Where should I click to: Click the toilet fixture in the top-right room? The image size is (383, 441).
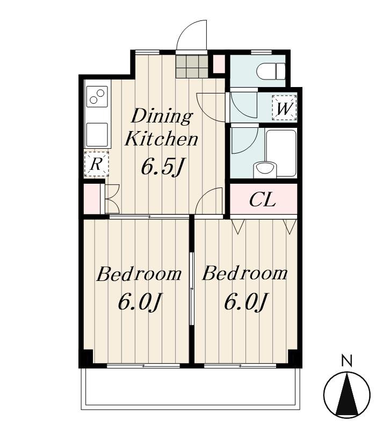click(x=271, y=71)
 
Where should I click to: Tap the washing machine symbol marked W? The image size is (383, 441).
click(x=284, y=108)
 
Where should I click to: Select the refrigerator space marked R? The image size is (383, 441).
click(x=97, y=164)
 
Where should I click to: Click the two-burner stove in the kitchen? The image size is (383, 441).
click(x=97, y=97)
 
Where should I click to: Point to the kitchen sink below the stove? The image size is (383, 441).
click(x=97, y=134)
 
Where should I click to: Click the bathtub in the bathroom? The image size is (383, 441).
click(x=281, y=152)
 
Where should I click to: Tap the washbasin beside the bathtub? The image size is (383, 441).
click(x=264, y=170)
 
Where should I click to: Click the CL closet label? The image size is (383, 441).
click(x=262, y=199)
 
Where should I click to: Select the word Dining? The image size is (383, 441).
click(x=162, y=116)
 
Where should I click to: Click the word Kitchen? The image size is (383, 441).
click(x=161, y=139)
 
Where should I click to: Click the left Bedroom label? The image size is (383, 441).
click(x=139, y=273)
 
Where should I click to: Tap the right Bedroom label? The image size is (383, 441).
click(x=245, y=273)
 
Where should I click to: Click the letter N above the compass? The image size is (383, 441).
click(x=346, y=360)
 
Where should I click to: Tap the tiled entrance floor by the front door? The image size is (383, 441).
click(x=192, y=66)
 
